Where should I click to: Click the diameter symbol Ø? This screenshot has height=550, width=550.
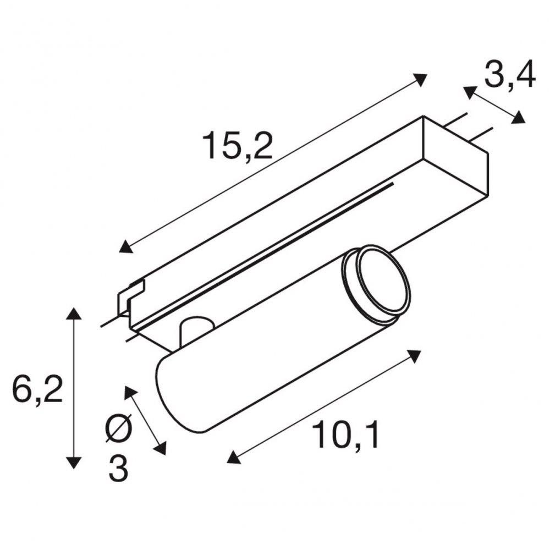click(119, 427)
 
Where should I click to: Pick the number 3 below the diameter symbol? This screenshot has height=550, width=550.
click(118, 468)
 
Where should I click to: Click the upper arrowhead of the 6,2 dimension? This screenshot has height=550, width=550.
click(73, 313)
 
